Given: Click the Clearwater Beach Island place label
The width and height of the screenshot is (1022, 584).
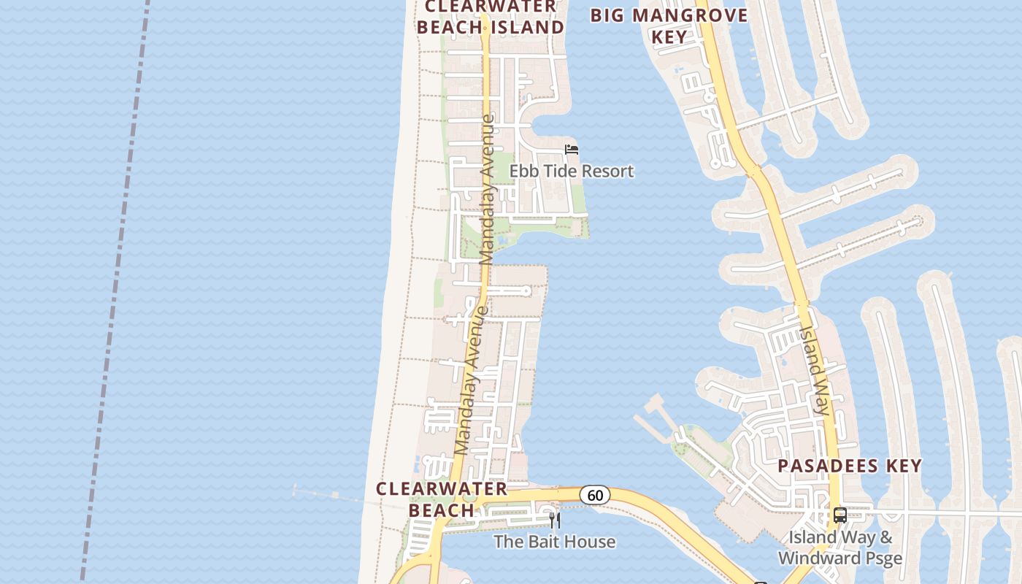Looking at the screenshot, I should coord(494,17).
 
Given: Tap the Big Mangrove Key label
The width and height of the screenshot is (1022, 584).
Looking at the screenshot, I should coord(669,26).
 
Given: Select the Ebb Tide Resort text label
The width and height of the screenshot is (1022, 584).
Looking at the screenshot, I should coord(571,172).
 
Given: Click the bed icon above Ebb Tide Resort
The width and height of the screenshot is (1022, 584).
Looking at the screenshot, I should coord(572,150).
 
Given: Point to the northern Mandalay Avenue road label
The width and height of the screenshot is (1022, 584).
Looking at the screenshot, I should coord(487,188).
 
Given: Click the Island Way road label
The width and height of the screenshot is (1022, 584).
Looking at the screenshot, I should coord(813,369).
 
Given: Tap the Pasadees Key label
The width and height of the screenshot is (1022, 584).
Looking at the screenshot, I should coord(850,466).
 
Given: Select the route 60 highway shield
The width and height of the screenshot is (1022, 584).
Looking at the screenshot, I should coord(595,496).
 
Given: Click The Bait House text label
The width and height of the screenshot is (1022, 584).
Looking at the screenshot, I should coord(554,542).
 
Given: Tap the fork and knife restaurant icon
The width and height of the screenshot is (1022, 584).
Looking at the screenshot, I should coord(554,520).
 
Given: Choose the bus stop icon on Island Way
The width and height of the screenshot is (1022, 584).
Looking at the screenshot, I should coord(840,515).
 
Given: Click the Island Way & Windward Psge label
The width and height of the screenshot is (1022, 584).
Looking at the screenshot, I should coord(840,548).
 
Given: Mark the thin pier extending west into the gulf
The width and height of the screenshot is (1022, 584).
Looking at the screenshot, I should coord(328,496).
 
